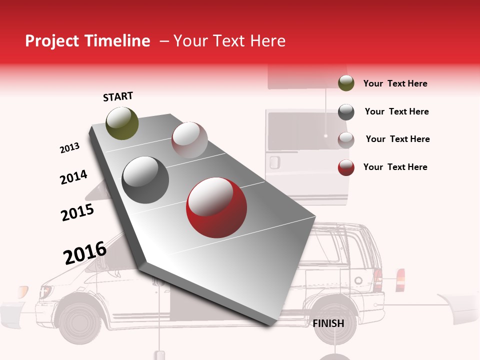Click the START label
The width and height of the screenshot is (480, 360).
coord(118,96)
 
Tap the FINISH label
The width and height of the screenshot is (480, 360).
coord(328,323)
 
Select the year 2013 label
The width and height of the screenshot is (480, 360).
coord(69,148)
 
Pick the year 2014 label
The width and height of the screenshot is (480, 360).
coord(73,177)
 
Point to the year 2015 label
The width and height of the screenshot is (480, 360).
coord(77,212)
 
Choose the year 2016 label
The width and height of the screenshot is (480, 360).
coord(85,253)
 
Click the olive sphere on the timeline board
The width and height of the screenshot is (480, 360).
coord(122,123)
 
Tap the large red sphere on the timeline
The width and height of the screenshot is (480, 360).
coord(216,207)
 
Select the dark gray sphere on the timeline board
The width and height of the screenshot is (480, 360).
coord(145,180)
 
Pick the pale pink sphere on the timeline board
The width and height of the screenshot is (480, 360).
coord(189,140)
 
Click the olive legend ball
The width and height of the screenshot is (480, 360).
coord(346,83)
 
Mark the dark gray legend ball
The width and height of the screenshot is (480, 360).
coord(346,112)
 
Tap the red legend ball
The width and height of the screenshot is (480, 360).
coord(346,167)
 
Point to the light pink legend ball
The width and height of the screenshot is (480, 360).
coord(346,140)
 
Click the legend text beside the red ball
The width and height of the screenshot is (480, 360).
coord(395,167)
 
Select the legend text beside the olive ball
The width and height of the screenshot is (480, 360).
coord(395,83)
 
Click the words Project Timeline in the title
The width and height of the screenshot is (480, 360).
coord(87,41)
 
